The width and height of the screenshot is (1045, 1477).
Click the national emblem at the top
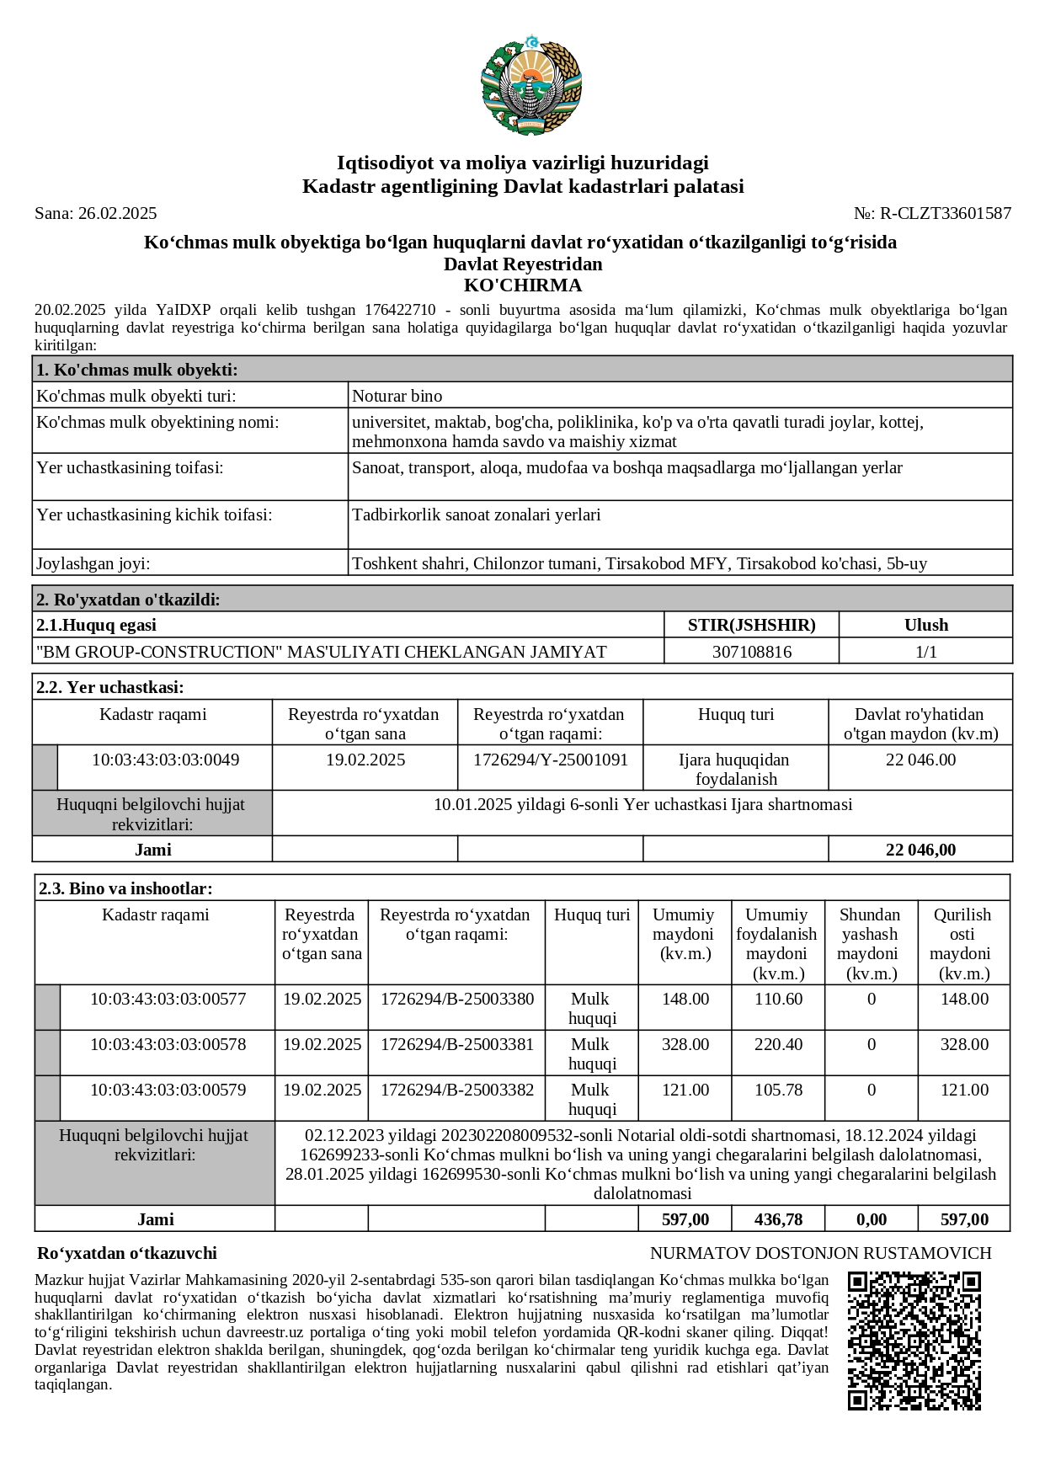tap(530, 85)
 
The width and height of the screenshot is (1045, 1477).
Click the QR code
tap(914, 1339)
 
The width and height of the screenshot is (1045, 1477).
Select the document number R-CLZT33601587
tap(945, 213)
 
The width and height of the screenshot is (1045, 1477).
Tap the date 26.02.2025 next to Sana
tap(117, 213)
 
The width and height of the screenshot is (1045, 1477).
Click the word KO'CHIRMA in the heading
tap(523, 285)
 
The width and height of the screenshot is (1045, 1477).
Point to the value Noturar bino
tap(397, 396)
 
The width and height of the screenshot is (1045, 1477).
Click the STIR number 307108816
tap(751, 651)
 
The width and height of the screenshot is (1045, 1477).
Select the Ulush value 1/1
tap(925, 651)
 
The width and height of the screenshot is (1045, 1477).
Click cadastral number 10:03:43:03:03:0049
tap(165, 760)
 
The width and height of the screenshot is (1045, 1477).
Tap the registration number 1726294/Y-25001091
tap(550, 760)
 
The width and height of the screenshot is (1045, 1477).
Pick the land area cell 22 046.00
tap(920, 760)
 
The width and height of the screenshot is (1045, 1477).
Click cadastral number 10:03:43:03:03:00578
tap(168, 1044)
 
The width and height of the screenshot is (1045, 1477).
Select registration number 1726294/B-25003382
tap(456, 1090)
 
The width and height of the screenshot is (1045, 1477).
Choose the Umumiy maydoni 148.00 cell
tap(685, 999)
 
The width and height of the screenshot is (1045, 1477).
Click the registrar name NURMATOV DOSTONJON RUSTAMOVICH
tap(820, 1253)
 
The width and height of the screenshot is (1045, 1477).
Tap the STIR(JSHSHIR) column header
tap(751, 625)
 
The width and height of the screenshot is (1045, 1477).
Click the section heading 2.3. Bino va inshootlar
tap(124, 888)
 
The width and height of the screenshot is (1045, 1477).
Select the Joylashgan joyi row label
tap(93, 563)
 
